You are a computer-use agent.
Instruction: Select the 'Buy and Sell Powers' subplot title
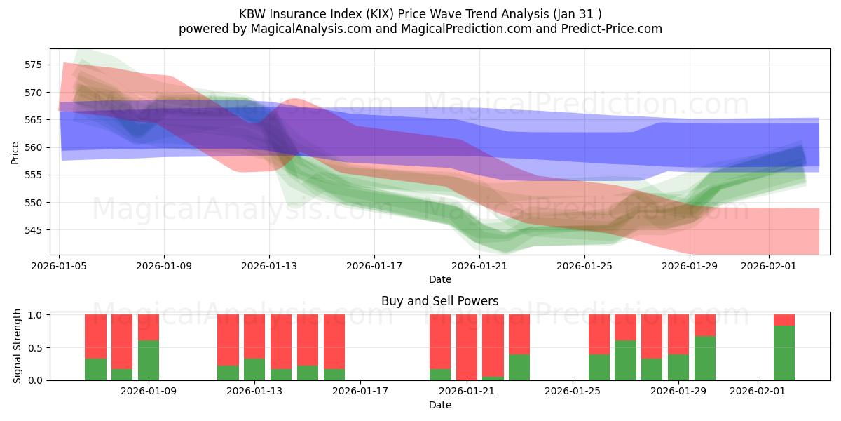click(x=439, y=301)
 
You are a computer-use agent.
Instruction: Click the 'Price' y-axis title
click(x=15, y=152)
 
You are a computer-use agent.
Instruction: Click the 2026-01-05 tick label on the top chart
click(x=60, y=266)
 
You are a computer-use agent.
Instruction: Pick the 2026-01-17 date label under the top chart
click(x=374, y=266)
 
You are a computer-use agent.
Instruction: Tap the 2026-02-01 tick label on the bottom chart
click(x=758, y=391)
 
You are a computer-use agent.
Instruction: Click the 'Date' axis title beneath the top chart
click(x=439, y=279)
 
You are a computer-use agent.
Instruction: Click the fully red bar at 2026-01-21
click(x=467, y=347)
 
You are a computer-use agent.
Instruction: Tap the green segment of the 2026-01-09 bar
click(x=149, y=360)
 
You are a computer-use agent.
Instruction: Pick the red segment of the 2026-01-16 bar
click(x=334, y=342)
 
